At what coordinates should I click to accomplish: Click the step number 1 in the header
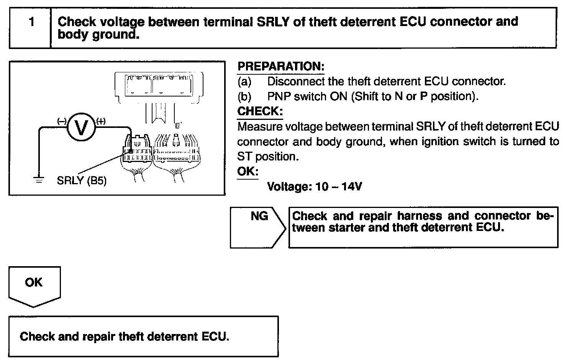point(31,22)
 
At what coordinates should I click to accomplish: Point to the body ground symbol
point(39,179)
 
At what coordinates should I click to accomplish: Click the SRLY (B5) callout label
point(82,180)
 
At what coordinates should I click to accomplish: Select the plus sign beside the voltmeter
point(101,121)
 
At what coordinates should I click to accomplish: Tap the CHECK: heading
point(260,111)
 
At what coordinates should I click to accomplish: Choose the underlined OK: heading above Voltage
point(248,171)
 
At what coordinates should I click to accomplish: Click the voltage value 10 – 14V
point(339,187)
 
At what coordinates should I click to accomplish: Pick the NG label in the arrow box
point(259,216)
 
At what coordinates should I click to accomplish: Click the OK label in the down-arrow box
point(34,283)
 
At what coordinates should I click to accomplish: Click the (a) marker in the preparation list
point(244,82)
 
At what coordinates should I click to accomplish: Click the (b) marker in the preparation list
point(244,96)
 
